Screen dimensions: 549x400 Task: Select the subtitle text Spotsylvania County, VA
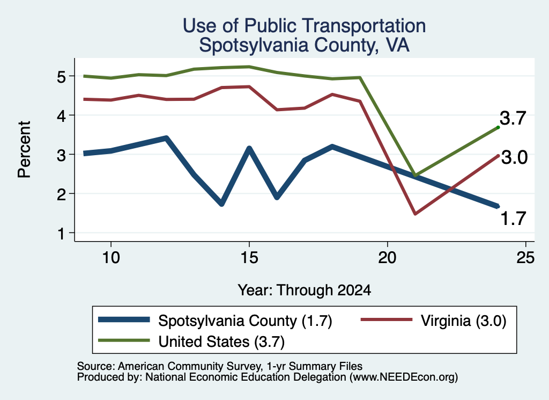point(305,45)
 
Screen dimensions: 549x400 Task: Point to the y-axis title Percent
point(24,150)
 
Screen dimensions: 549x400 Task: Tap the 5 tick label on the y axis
point(61,76)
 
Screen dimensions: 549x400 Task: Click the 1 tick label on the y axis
point(61,234)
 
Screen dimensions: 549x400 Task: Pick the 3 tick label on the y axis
point(61,155)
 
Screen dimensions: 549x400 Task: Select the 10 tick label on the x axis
point(111,258)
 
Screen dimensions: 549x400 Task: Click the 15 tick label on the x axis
point(249,258)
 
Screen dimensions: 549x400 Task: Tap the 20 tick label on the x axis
point(387,258)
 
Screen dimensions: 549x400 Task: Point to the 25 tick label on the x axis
point(525,258)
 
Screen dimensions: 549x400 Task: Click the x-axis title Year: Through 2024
point(305,290)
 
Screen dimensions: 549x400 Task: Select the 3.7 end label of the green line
point(513,118)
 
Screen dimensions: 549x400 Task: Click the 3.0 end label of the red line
point(514,157)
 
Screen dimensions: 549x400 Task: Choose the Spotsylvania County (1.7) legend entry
point(215,321)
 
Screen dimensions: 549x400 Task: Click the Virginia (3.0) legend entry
point(433,321)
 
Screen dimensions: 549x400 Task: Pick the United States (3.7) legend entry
point(191,341)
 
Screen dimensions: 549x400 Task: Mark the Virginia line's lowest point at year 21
point(416,214)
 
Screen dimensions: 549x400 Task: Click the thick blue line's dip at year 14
point(221,203)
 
